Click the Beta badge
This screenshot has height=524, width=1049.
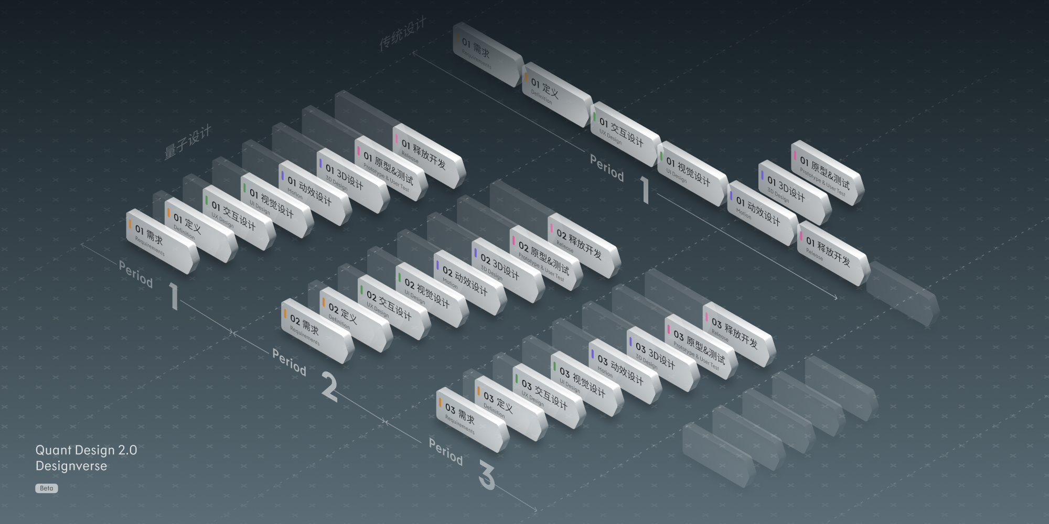click(46, 488)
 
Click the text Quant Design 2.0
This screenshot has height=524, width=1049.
click(86, 450)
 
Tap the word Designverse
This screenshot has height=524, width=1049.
click(71, 466)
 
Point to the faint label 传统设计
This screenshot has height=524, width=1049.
click(403, 34)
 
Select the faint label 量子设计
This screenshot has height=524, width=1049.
click(188, 142)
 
